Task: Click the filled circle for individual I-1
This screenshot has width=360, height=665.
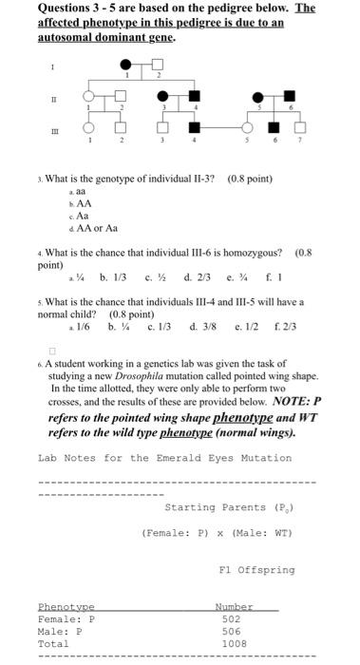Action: tap(126, 65)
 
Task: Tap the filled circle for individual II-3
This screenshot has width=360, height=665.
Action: tap(164, 97)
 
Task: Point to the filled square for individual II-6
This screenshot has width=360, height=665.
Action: tap(282, 97)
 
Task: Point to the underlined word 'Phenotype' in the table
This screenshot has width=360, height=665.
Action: tap(66, 605)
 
